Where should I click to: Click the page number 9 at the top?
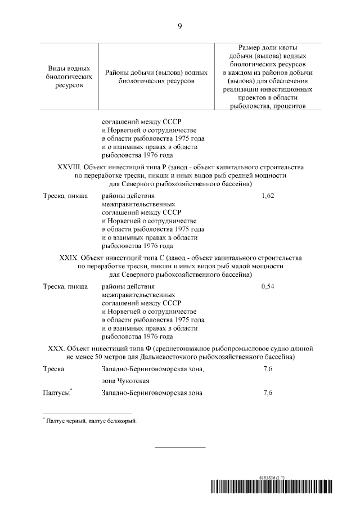[179, 26]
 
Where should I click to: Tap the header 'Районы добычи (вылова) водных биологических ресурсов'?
[156, 77]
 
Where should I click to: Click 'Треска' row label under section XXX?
[53, 369]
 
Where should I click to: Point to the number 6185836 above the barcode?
[269, 476]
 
